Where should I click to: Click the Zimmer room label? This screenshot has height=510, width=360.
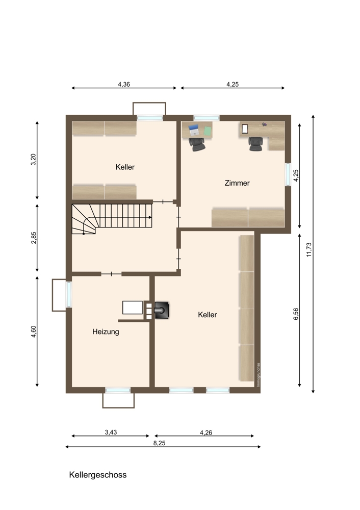tap(237, 183)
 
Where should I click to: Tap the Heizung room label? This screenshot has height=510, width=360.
tap(106, 332)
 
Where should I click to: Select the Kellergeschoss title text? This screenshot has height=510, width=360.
tap(97, 475)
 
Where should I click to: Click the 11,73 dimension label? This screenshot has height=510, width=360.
tap(309, 249)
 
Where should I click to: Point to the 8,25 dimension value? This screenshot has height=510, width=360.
tap(160, 443)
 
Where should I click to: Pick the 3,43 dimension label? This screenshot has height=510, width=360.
tap(111, 432)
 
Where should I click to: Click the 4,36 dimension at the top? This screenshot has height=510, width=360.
tap(124, 84)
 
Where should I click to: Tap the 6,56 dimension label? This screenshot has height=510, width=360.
tap(296, 314)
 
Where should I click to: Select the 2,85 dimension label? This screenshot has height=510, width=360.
tap(34, 238)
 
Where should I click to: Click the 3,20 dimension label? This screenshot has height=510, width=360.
tap(34, 159)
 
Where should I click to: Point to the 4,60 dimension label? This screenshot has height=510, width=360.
tap(34, 331)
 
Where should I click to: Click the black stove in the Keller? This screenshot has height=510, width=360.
tap(162, 310)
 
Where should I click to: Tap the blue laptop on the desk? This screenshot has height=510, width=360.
tap(194, 130)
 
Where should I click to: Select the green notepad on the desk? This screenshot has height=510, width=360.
tap(208, 131)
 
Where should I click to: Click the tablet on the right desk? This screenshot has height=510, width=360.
tap(245, 129)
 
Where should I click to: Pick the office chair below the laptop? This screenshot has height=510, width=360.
tap(197, 144)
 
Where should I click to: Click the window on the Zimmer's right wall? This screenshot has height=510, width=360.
tap(288, 174)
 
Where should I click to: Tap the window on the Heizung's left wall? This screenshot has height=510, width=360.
tap(69, 294)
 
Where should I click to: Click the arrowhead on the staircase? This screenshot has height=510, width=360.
tap(150, 217)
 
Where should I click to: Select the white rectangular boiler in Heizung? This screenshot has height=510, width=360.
tap(133, 308)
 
